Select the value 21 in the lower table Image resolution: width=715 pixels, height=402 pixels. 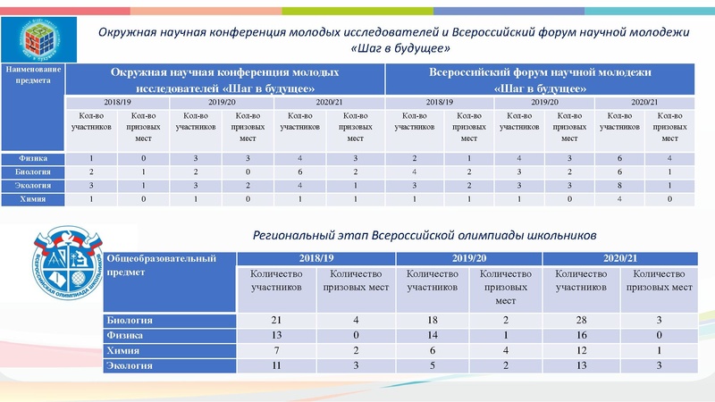pyautogui.click(x=276, y=319)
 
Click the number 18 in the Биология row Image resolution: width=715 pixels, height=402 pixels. pyautogui.click(x=433, y=319)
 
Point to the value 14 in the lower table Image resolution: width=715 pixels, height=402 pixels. pyautogui.click(x=433, y=334)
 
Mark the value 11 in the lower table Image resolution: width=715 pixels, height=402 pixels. pyautogui.click(x=276, y=364)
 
